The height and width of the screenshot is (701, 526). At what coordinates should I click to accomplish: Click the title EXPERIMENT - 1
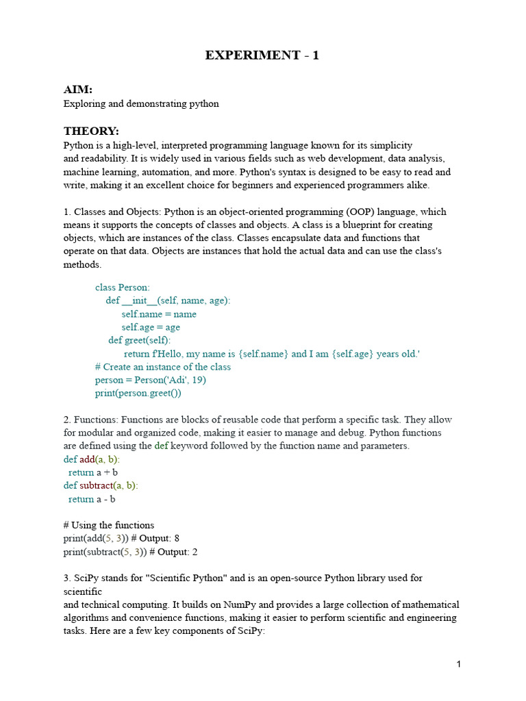pos(262,55)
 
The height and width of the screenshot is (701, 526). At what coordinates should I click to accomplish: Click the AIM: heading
pos(77,90)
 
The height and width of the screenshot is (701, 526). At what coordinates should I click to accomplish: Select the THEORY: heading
pos(91,131)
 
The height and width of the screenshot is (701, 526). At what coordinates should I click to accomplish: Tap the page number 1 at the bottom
pos(458,664)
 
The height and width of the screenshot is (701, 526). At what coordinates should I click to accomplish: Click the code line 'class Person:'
pos(123,288)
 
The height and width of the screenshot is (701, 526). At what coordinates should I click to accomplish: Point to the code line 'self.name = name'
pos(159,314)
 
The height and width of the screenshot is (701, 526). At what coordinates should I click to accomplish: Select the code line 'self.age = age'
pos(151,327)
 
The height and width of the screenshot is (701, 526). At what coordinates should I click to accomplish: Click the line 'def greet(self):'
pos(140,340)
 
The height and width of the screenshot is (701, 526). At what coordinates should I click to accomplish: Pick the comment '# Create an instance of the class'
pos(163,367)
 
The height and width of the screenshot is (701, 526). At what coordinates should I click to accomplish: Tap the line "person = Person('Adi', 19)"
pos(151,380)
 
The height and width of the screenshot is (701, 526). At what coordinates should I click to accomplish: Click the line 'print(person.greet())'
pos(138,393)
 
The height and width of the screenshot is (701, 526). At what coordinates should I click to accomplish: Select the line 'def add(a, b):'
pos(91,459)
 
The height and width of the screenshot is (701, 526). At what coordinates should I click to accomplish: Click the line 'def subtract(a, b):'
pos(101,485)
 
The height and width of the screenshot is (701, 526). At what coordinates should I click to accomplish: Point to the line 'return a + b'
pos(93,472)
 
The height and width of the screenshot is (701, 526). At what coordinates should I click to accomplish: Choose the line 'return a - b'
pos(92,499)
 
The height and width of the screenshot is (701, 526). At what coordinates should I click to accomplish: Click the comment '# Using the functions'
pos(109,525)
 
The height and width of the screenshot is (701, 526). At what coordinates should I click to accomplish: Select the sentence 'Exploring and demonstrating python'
pos(141,103)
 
